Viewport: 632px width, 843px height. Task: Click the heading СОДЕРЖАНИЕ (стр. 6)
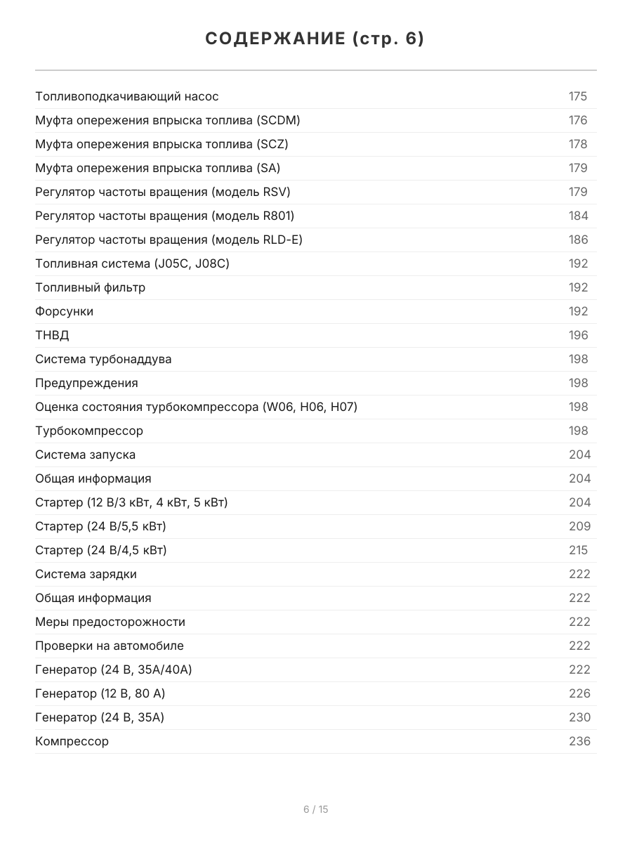pyautogui.click(x=315, y=39)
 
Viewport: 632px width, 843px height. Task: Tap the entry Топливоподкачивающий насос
pyautogui.click(x=127, y=96)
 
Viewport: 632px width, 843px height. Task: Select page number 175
pyautogui.click(x=577, y=96)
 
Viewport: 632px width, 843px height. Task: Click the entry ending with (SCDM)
pyautogui.click(x=168, y=120)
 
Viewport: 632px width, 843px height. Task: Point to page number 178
pyautogui.click(x=577, y=144)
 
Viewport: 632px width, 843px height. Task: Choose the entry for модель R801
pyautogui.click(x=164, y=216)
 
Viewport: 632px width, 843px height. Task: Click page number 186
pyautogui.click(x=578, y=240)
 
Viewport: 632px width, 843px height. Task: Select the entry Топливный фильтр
pyautogui.click(x=91, y=287)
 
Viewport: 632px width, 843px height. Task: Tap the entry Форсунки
pyautogui.click(x=64, y=311)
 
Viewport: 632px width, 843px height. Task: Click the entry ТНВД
pyautogui.click(x=52, y=335)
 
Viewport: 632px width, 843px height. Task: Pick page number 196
pyautogui.click(x=578, y=335)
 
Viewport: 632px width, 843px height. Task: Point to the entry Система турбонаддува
pyautogui.click(x=103, y=359)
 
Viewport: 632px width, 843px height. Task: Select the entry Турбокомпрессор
pyautogui.click(x=89, y=431)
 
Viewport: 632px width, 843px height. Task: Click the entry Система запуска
pyautogui.click(x=85, y=455)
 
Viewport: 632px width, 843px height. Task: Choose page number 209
pyautogui.click(x=579, y=526)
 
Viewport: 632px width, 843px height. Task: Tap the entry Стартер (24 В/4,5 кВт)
pyautogui.click(x=101, y=550)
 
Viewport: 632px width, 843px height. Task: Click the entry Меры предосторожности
pyautogui.click(x=110, y=622)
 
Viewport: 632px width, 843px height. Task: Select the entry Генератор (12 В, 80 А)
pyautogui.click(x=100, y=693)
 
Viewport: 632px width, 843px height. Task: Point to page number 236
pyautogui.click(x=579, y=741)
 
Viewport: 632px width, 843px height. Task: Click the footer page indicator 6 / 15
pyautogui.click(x=315, y=809)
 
